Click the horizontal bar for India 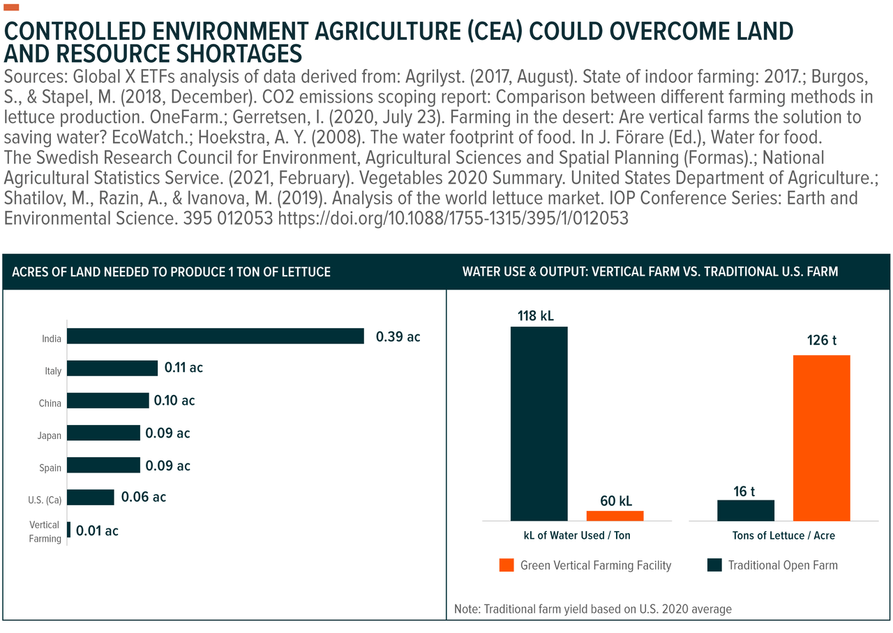click(216, 336)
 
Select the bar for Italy click(112, 368)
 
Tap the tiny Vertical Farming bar click(68, 530)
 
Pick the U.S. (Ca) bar click(91, 497)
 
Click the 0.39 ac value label click(398, 336)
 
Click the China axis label click(50, 403)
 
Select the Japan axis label click(50, 435)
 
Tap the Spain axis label click(50, 468)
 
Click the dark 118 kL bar click(539, 423)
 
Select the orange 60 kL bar click(615, 516)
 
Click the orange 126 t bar click(822, 438)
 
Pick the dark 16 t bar click(746, 510)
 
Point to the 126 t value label click(821, 341)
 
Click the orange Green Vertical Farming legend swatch click(506, 565)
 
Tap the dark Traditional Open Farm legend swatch click(714, 565)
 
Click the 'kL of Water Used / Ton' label click(577, 536)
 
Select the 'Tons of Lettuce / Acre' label click(783, 536)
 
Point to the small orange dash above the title click(12, 8)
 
